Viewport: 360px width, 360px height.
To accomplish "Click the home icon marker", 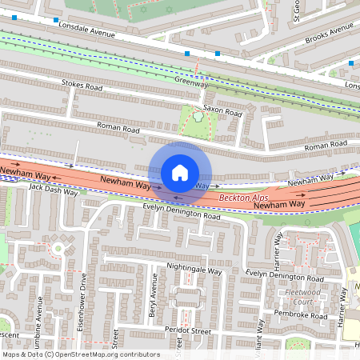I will [180, 173].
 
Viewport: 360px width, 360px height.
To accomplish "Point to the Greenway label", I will [191, 82].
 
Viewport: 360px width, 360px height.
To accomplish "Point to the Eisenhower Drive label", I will [82, 295].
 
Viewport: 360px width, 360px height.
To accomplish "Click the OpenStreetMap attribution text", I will [81, 354].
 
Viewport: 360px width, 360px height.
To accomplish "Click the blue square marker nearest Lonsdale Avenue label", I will [56, 20].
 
